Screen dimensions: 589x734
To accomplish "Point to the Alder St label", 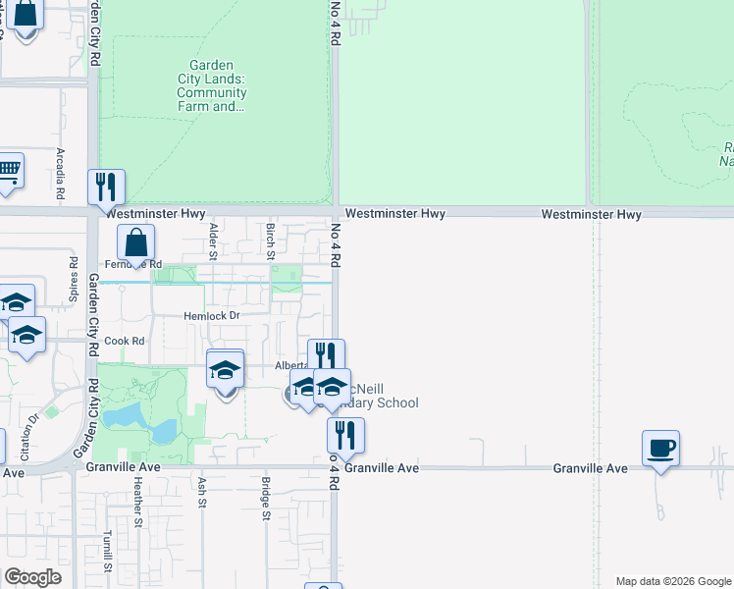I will [213, 236].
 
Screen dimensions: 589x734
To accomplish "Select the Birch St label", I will [270, 236].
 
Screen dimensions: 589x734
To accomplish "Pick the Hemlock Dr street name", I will [211, 316].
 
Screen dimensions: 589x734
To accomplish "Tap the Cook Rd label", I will [125, 342].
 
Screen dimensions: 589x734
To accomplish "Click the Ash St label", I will [202, 492].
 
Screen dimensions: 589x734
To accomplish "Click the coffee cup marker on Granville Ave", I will [660, 448].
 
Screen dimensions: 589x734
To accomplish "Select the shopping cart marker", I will [8, 171].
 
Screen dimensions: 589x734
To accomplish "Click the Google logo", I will [32, 577].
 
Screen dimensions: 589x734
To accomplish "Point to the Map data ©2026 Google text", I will [672, 581].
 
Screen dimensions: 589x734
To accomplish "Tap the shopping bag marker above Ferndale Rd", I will [135, 241].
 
